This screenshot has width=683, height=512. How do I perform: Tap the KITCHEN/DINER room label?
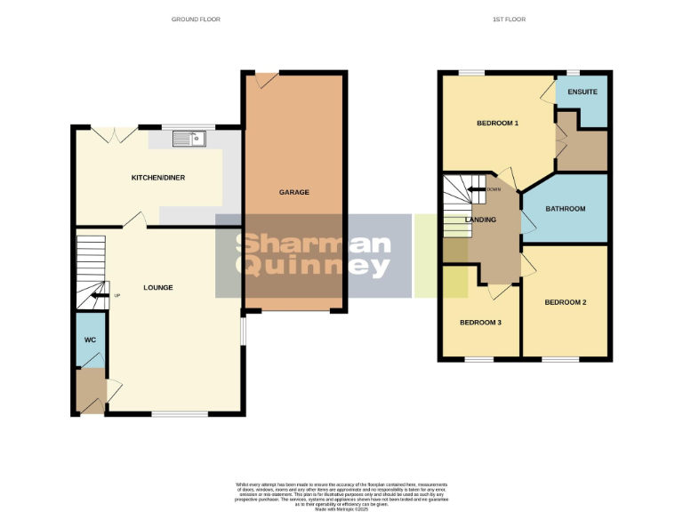(x=158, y=178)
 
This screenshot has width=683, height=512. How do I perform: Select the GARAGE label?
(x=294, y=192)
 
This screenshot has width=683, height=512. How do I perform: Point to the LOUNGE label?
(x=158, y=287)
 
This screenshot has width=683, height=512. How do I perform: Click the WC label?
(x=90, y=340)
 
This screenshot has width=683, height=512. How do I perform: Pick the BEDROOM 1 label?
(x=497, y=123)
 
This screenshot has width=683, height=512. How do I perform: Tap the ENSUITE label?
(x=583, y=92)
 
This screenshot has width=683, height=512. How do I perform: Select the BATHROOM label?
(x=566, y=209)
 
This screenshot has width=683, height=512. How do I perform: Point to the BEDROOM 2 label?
(x=566, y=302)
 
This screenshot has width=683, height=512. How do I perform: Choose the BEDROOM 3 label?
(x=480, y=322)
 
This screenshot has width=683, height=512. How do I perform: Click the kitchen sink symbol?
(x=189, y=138)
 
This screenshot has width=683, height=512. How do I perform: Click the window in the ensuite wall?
(x=574, y=72)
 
